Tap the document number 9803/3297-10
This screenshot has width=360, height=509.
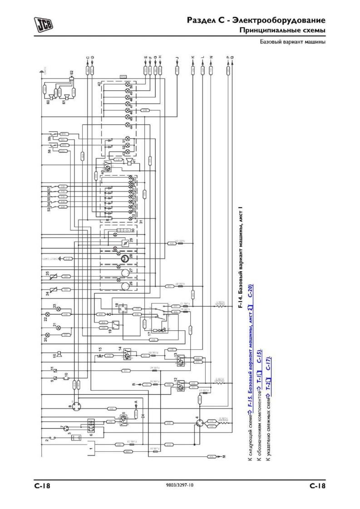[x=180, y=485]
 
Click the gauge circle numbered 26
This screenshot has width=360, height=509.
[x=123, y=285]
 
